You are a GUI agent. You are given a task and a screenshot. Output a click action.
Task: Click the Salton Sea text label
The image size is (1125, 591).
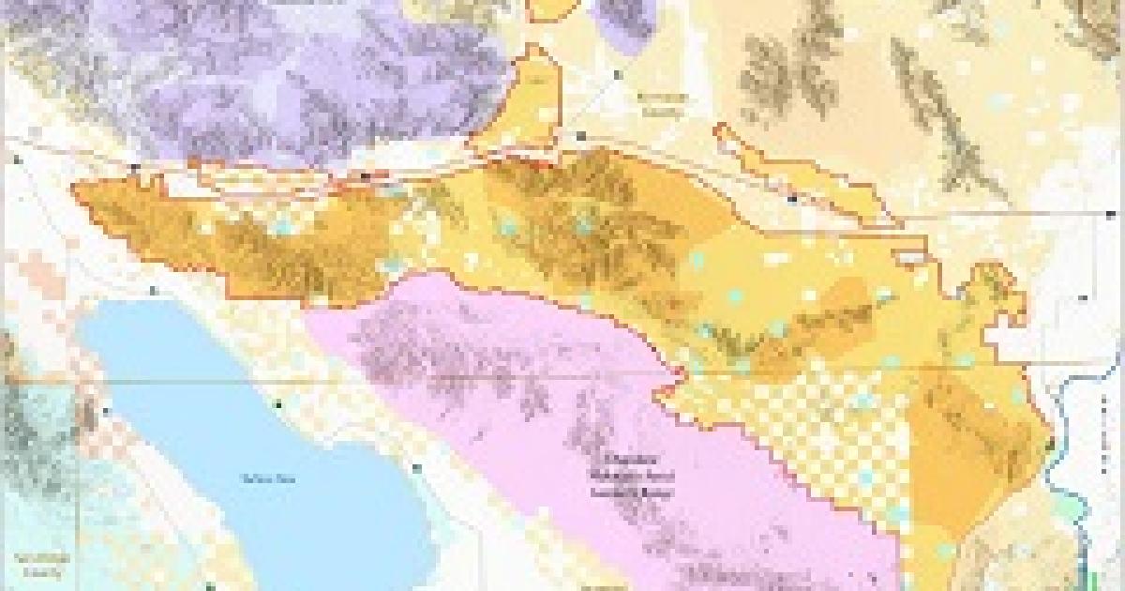point(254,479)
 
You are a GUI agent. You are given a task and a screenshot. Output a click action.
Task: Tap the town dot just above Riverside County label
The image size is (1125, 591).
point(616,73)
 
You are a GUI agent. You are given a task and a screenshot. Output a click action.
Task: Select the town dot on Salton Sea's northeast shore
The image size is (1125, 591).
point(278,404)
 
